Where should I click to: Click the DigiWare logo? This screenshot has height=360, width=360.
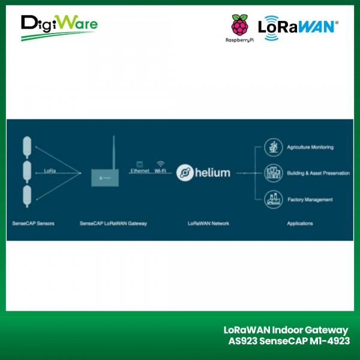[58, 27]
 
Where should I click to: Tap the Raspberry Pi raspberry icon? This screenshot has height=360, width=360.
[239, 26]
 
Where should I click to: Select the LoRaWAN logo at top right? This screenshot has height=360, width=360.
[298, 27]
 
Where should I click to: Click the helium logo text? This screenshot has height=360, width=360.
[203, 173]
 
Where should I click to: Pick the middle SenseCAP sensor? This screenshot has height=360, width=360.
[26, 171]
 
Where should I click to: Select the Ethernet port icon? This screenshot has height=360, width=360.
[139, 163]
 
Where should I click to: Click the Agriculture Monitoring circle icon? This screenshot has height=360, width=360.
[274, 147]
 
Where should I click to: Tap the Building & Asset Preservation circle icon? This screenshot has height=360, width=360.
[274, 173]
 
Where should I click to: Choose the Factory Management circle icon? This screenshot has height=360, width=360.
[274, 199]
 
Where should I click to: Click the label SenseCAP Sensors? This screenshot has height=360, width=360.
[34, 224]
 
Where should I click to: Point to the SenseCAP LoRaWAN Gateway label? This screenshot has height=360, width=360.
[113, 224]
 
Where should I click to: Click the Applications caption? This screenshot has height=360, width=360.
[300, 224]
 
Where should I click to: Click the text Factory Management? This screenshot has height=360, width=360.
[310, 200]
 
